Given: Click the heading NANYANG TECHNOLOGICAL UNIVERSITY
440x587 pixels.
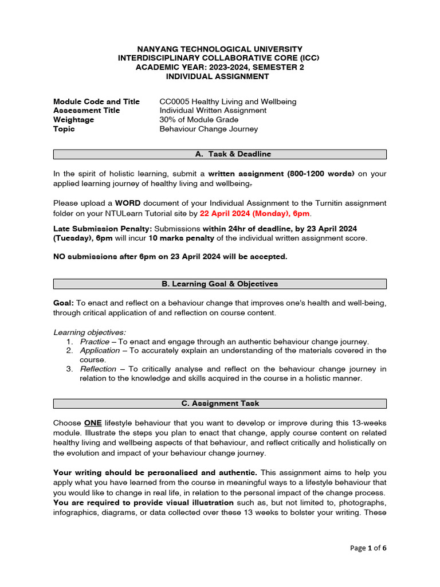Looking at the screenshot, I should tap(220, 49).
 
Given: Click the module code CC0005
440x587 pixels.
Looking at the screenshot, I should tap(174, 101).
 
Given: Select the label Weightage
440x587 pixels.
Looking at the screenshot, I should tap(73, 120).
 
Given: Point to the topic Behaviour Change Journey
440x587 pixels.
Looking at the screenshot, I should tap(209, 129).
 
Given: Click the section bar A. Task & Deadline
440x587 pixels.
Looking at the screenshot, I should tap(220, 154).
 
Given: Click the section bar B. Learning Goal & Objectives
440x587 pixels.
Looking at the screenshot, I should tap(220, 284).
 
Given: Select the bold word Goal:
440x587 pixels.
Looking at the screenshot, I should tap(64, 303).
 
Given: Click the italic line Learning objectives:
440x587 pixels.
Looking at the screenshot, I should tap(90, 332).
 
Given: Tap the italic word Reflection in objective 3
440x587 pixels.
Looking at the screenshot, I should tap(98, 369).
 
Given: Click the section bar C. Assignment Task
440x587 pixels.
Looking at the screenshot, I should tap(220, 403).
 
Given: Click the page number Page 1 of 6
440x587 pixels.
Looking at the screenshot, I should tap(368, 548).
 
